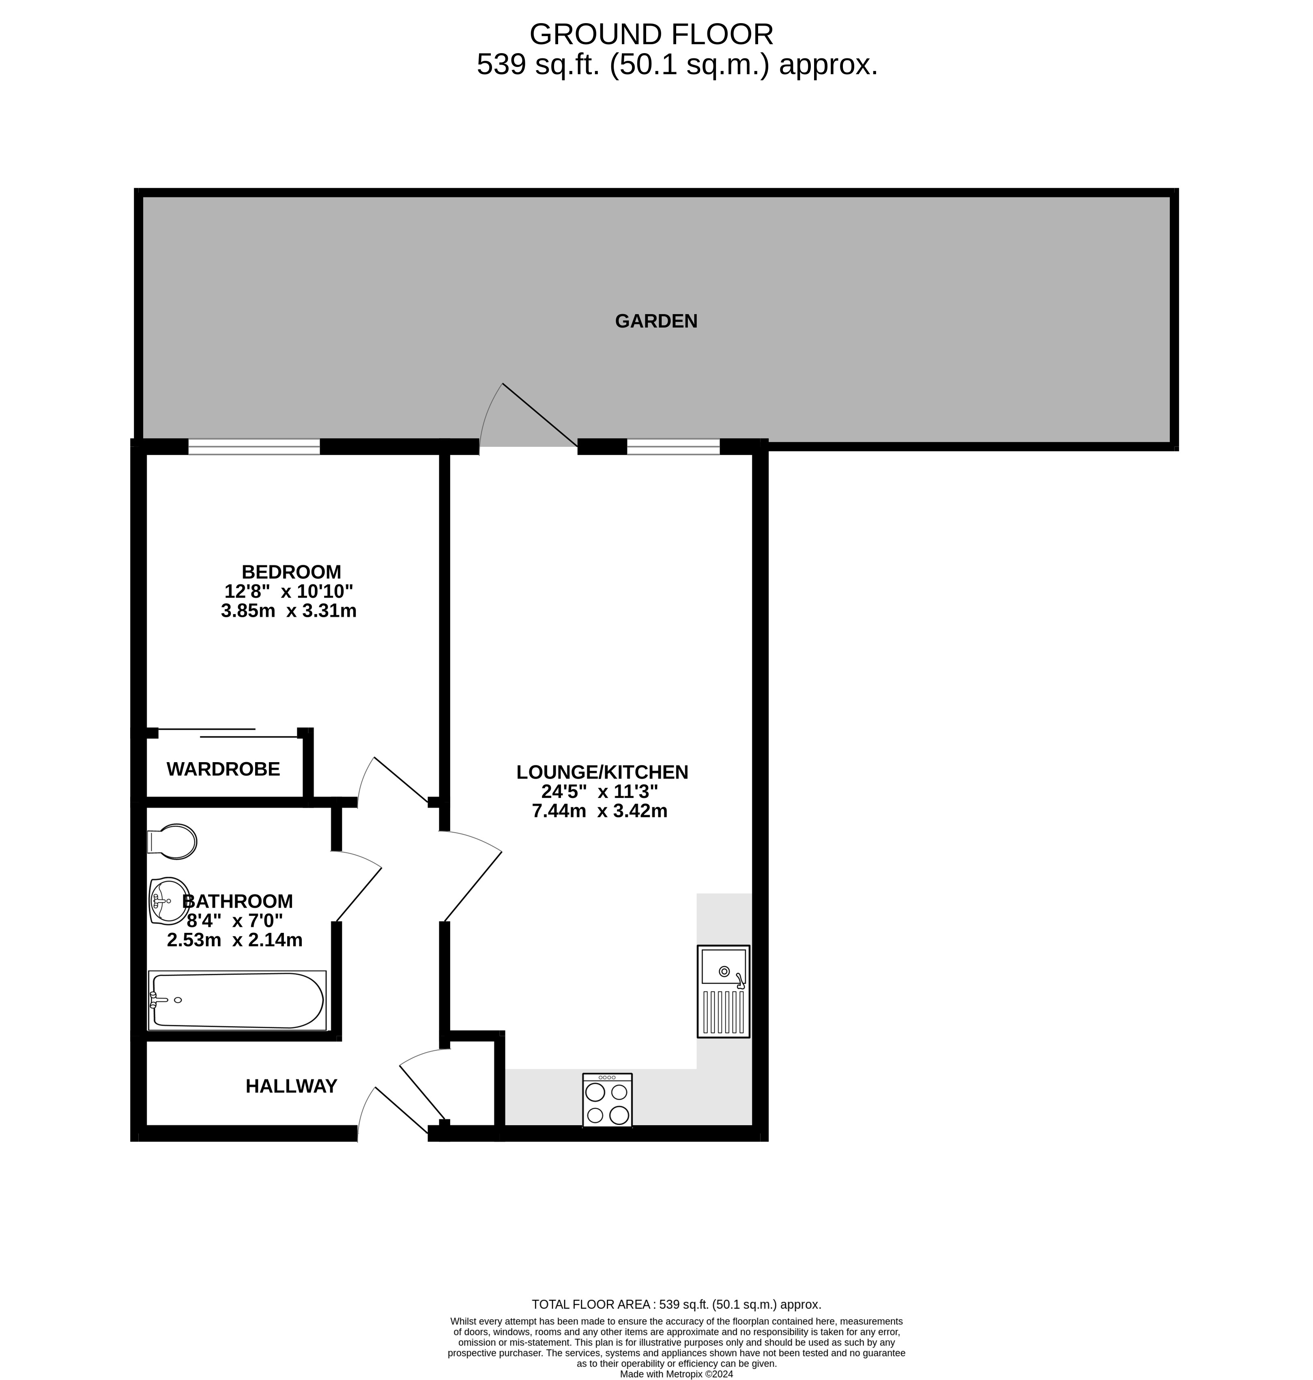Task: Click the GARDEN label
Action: click(656, 321)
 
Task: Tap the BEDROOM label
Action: click(291, 572)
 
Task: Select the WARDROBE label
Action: click(223, 769)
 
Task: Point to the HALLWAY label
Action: click(291, 1086)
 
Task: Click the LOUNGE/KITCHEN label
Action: click(602, 772)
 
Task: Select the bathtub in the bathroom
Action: click(236, 1000)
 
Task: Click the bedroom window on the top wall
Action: click(254, 446)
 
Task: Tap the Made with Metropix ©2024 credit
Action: click(676, 1374)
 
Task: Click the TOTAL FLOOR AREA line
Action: click(676, 1305)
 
